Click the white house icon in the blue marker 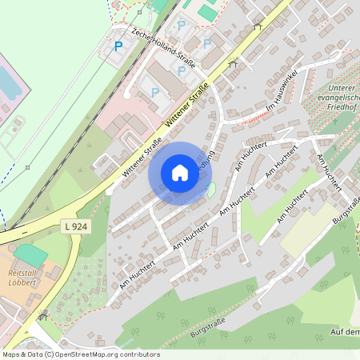click(x=180, y=173)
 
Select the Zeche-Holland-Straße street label click(x=159, y=47)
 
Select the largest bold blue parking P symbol click(x=118, y=46)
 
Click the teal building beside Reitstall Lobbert click(x=30, y=256)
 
